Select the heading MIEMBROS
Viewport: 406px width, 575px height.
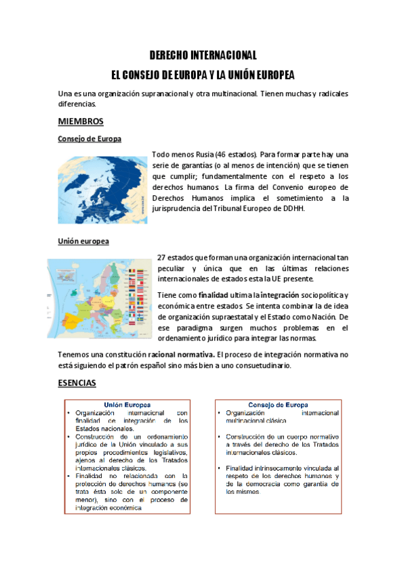click(81, 121)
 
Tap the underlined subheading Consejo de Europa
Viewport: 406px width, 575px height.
click(89, 139)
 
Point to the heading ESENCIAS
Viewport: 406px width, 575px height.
click(77, 383)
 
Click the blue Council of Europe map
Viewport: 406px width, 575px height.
click(102, 190)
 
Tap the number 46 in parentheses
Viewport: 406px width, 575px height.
click(222, 155)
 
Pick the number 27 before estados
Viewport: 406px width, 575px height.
click(161, 258)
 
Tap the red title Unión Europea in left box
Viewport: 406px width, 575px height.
click(127, 405)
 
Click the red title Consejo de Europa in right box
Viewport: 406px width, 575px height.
click(278, 405)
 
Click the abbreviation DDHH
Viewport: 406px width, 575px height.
click(293, 209)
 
